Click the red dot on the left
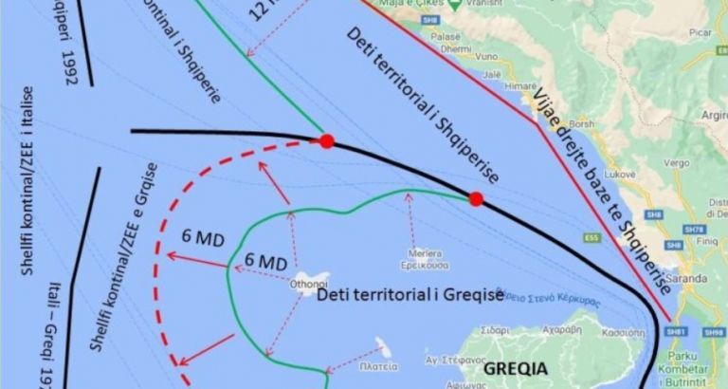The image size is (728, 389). pos(327,142)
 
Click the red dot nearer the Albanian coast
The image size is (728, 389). pos(476,198)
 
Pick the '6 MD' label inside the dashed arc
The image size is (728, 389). pos(265,260)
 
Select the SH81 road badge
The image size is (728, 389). pos(675,332)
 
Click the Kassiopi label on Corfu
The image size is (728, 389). pos(623,332)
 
